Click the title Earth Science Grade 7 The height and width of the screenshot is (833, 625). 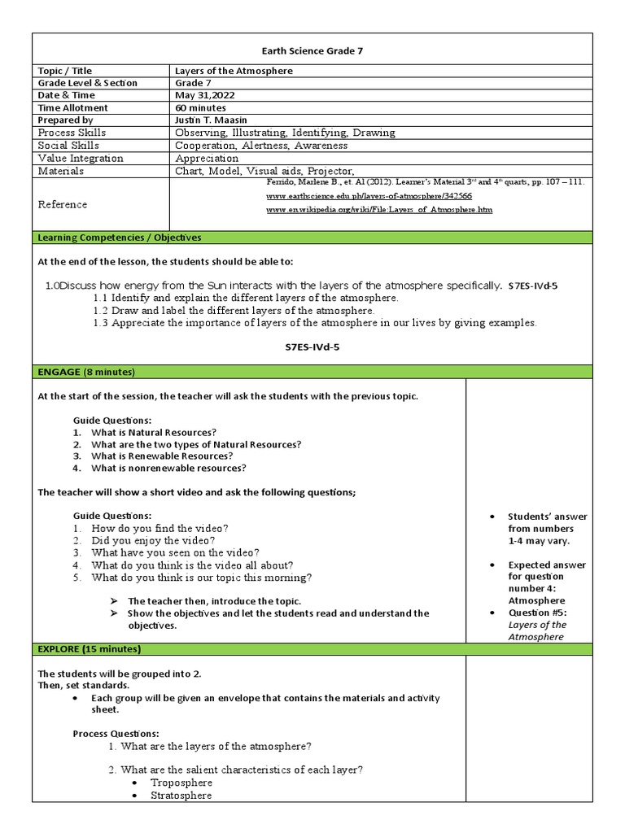coord(312,50)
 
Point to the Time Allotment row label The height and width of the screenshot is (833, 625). coord(73,107)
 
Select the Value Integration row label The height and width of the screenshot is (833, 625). coord(81,159)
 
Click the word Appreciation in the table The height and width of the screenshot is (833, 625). coord(207,159)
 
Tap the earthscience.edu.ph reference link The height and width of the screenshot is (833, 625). coord(369,196)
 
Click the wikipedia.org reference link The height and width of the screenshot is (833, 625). coord(379,210)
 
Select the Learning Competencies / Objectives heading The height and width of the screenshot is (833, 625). coord(120,238)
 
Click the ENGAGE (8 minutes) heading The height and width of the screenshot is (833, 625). coord(86,372)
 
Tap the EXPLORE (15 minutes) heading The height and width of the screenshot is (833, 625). coord(90,649)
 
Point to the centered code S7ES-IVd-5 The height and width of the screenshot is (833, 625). coord(312,347)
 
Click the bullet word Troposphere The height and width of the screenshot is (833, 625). coord(181,783)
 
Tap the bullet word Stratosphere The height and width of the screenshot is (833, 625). coord(181,796)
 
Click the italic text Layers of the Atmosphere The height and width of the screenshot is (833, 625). coord(537,630)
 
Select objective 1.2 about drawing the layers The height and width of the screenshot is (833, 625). coord(234,311)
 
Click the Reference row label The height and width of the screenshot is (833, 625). coord(63,204)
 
